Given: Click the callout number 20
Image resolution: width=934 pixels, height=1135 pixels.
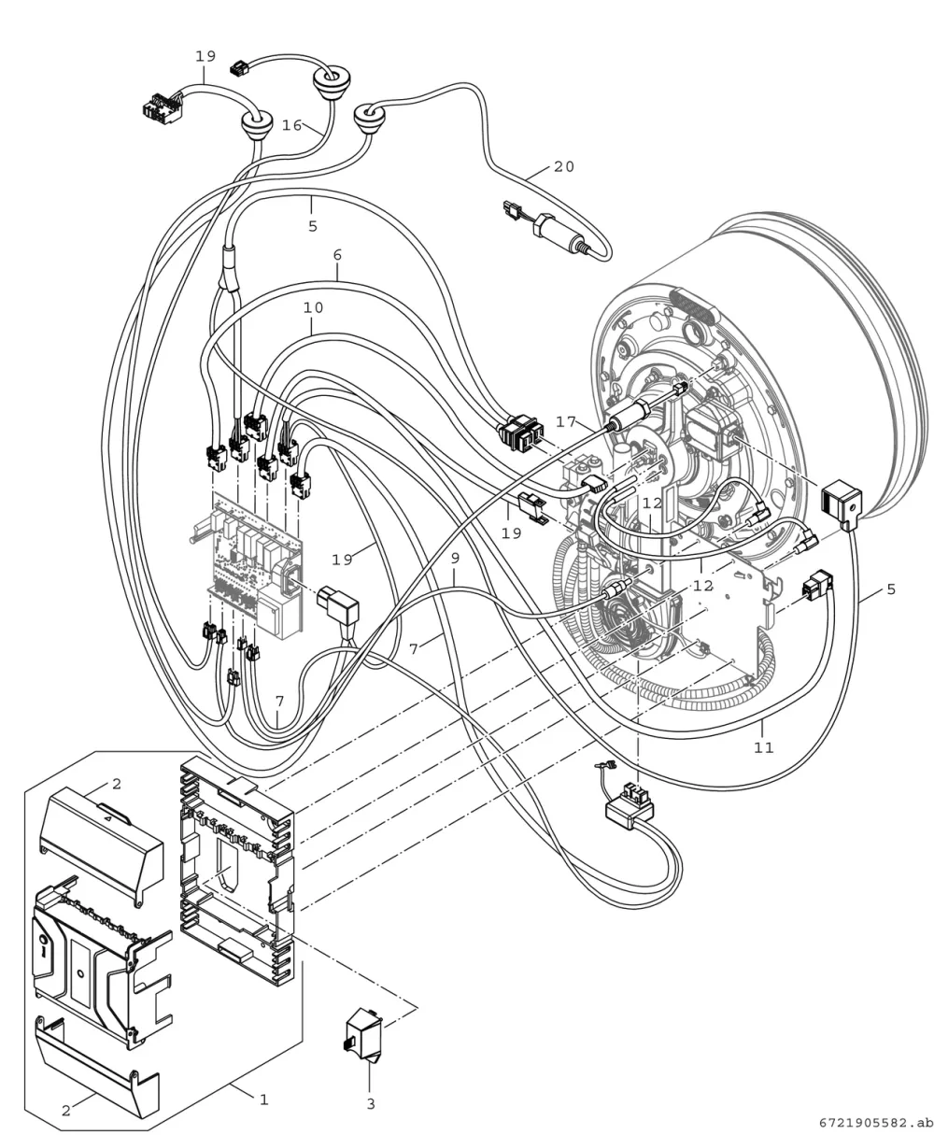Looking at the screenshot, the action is pyautogui.click(x=564, y=167).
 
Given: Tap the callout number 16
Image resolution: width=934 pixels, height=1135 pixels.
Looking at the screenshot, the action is pyautogui.click(x=292, y=125).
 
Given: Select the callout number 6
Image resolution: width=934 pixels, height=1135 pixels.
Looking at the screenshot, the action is pyautogui.click(x=337, y=254).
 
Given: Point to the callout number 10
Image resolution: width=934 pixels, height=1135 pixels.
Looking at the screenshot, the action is pyautogui.click(x=313, y=308).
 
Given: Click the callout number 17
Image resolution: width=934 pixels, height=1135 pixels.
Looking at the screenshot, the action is pyautogui.click(x=566, y=421).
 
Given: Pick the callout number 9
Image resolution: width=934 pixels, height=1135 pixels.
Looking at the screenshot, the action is pyautogui.click(x=455, y=559).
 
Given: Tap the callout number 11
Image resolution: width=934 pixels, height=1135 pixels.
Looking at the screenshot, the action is pyautogui.click(x=763, y=747).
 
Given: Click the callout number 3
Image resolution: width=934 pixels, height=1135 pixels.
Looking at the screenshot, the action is pyautogui.click(x=371, y=1104).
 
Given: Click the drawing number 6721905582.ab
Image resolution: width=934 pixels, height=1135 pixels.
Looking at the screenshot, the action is pyautogui.click(x=876, y=1123).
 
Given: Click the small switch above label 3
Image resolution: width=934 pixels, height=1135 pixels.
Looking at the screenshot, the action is pyautogui.click(x=363, y=1035).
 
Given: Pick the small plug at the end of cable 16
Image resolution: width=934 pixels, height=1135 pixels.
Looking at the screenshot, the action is pyautogui.click(x=238, y=68).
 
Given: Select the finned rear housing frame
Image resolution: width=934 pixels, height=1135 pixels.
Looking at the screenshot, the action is pyautogui.click(x=236, y=873).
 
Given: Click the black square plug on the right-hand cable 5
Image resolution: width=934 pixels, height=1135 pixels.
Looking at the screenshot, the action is pyautogui.click(x=841, y=503).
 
